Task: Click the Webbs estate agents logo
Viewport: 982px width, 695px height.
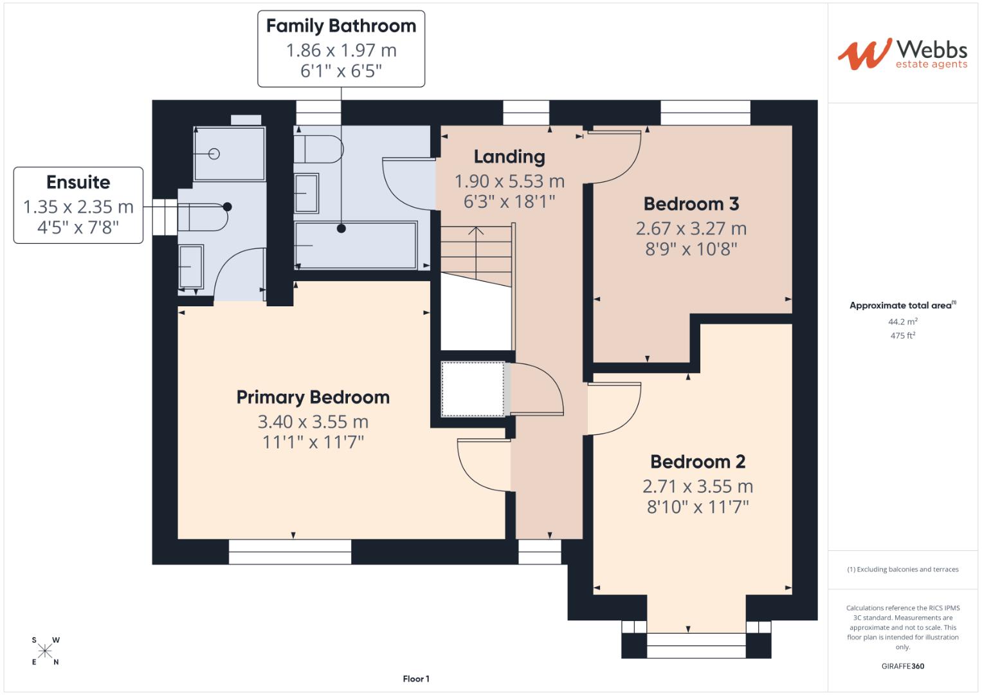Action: (x=902, y=54)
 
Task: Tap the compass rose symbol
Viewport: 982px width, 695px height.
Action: (x=45, y=651)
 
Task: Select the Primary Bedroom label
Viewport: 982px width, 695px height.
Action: (x=313, y=397)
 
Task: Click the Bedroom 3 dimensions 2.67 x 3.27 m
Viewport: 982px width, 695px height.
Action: (x=691, y=228)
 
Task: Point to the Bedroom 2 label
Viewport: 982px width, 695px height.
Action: (x=697, y=461)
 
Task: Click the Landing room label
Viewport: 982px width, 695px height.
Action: (x=509, y=156)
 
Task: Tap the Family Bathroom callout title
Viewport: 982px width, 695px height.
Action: (x=341, y=26)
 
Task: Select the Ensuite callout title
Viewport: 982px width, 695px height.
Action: (x=78, y=182)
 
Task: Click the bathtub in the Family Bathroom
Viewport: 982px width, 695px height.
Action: (x=356, y=245)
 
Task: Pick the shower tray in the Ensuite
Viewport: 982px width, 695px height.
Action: (x=229, y=154)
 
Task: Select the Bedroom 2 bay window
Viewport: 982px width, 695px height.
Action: (x=696, y=645)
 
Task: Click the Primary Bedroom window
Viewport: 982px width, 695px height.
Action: (x=290, y=551)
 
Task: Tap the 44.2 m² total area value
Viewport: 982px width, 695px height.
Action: (x=902, y=321)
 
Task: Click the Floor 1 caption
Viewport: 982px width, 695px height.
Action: (x=416, y=679)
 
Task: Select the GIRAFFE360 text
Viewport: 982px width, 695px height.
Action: (x=902, y=666)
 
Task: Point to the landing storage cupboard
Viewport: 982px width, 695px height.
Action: (x=473, y=389)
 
